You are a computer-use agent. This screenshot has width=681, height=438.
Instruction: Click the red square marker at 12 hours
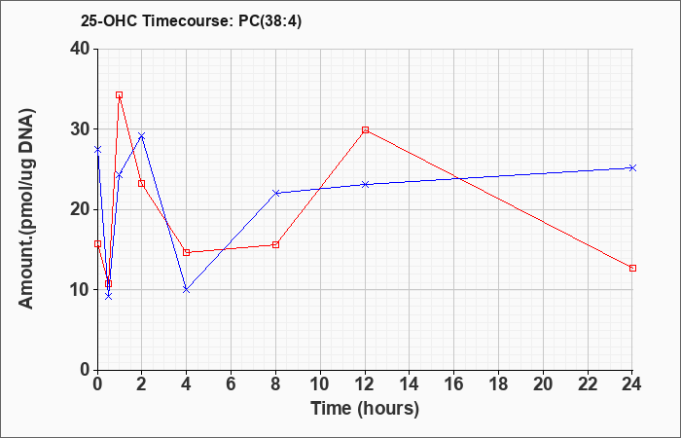365,129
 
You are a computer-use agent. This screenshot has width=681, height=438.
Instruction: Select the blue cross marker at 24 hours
632,167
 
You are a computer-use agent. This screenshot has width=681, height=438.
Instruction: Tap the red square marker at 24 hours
632,268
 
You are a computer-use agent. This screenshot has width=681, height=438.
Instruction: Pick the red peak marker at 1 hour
119,94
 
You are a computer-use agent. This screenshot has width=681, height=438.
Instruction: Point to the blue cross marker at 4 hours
187,289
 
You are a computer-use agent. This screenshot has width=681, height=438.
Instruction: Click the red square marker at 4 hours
187,252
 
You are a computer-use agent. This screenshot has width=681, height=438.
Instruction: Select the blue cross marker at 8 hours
275,193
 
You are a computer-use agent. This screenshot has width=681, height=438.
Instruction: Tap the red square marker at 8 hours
275,244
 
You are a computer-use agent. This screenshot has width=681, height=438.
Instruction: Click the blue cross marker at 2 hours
142,136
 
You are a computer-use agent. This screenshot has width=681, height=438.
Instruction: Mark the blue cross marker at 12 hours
365,184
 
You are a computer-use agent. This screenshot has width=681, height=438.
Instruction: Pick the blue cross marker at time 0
97,150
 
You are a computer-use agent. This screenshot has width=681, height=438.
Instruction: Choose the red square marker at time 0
97,243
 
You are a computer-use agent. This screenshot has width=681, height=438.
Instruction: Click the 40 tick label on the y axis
80,49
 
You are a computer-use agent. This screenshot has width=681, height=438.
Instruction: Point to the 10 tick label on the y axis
80,290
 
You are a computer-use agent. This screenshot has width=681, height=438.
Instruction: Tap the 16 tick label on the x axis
454,384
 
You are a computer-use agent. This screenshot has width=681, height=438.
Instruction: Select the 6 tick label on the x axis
232,384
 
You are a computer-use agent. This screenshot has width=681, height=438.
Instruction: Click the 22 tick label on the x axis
588,384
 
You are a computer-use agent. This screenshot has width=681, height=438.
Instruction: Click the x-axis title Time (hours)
365,409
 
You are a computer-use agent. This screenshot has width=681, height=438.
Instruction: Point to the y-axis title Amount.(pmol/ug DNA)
26,209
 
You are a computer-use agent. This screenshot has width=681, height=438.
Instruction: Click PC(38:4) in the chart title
269,21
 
